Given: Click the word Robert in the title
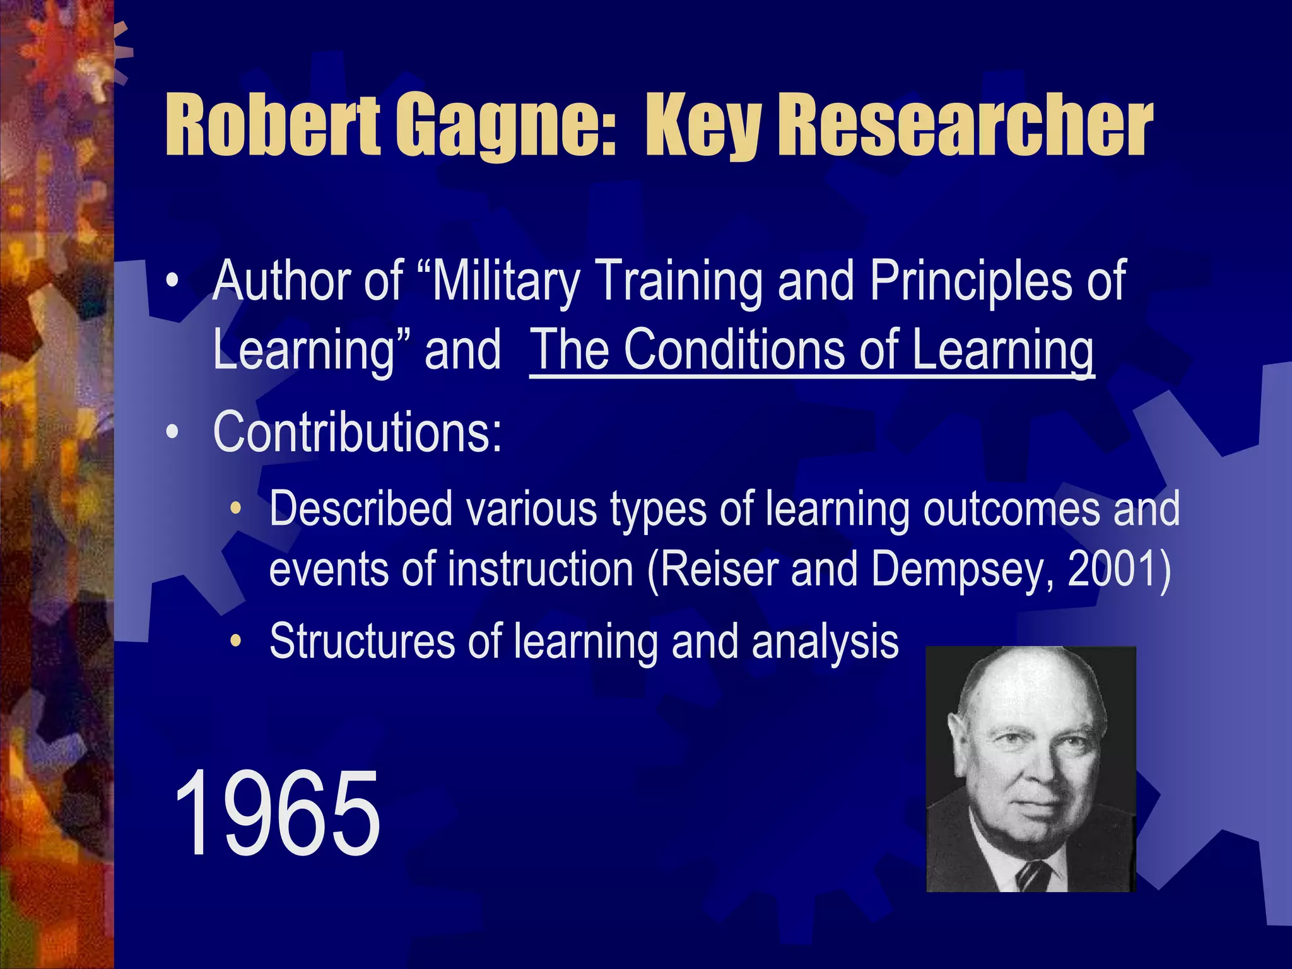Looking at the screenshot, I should coord(273,124).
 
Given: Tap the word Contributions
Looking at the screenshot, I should coord(357,432).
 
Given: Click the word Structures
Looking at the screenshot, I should coord(362,641).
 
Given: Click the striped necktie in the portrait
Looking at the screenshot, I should coord(1032,874).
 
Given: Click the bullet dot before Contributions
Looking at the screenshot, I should coord(172,433).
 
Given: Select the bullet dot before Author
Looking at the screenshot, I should coord(172,281).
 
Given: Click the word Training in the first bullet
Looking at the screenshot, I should coord(679,282).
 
